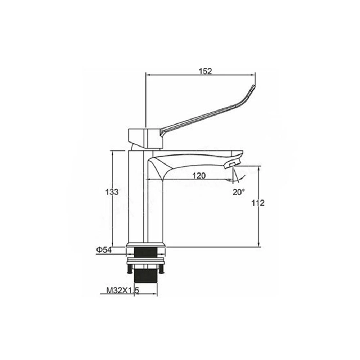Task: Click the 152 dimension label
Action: point(205,71)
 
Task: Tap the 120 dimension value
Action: point(199,176)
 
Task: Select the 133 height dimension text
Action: point(112,192)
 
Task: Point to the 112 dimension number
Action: point(258,203)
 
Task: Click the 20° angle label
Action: point(239,192)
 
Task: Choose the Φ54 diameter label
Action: point(104,250)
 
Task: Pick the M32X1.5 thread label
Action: point(123,291)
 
